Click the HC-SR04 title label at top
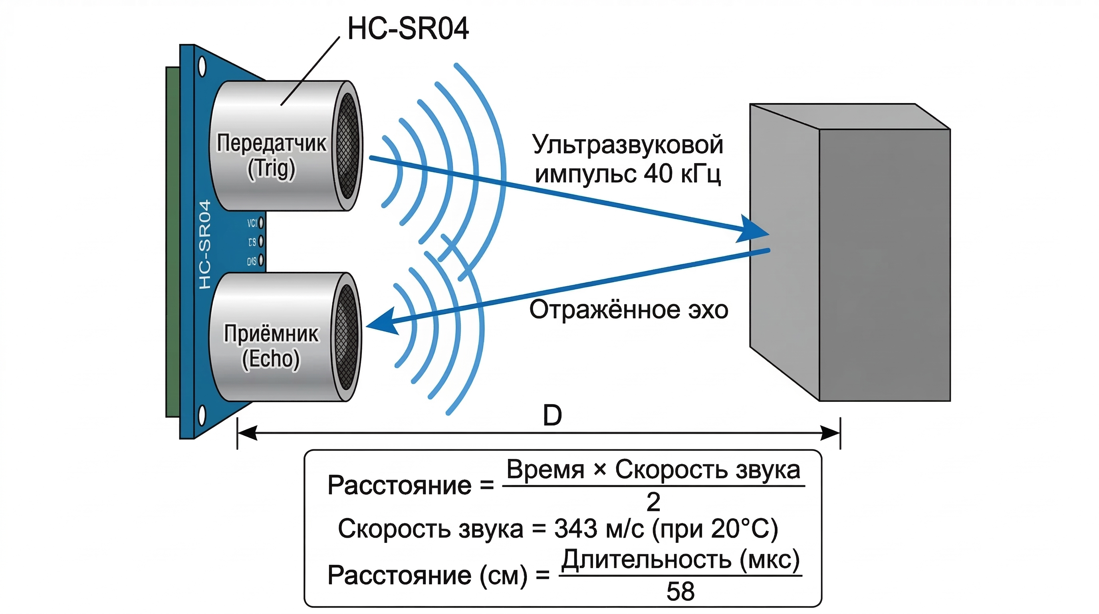pyautogui.click(x=408, y=29)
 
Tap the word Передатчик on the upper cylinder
pyautogui.click(x=271, y=143)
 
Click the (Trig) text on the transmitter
pyautogui.click(x=271, y=169)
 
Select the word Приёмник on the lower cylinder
pyautogui.click(x=271, y=333)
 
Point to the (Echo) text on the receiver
pyautogui.click(x=271, y=359)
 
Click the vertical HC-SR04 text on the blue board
pyautogui.click(x=205, y=244)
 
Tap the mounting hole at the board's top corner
pyautogui.click(x=202, y=67)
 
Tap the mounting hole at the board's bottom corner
pyautogui.click(x=202, y=416)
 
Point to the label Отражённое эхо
pyautogui.click(x=629, y=309)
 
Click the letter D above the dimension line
pyautogui.click(x=552, y=415)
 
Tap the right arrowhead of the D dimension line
pyautogui.click(x=830, y=433)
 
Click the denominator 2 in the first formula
pyautogui.click(x=653, y=502)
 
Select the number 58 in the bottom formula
pyautogui.click(x=680, y=591)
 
